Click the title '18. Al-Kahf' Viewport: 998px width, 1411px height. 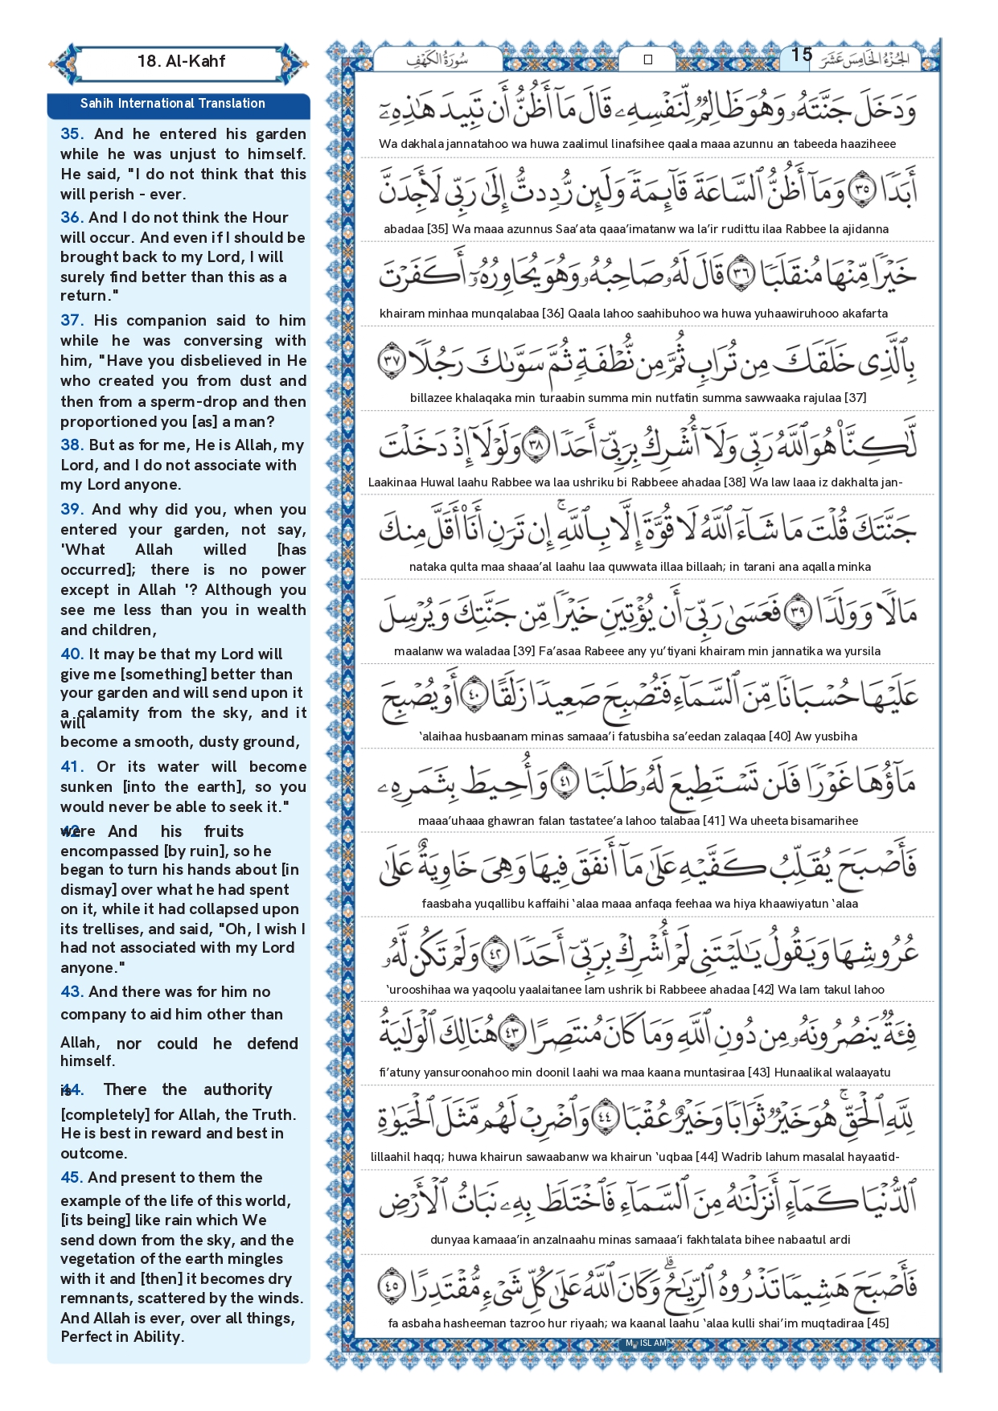tap(181, 61)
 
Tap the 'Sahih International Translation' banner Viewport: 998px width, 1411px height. tap(172, 104)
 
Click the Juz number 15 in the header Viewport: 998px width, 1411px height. tap(801, 55)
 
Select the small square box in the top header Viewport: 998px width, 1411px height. tap(648, 59)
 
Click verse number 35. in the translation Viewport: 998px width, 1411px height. tap(72, 134)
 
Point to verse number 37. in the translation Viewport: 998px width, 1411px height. tap(72, 320)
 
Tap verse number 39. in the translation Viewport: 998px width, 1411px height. tap(72, 509)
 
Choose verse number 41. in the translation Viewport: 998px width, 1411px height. tap(72, 766)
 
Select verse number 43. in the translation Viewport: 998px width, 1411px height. tap(72, 991)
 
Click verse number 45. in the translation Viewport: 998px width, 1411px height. tap(72, 1177)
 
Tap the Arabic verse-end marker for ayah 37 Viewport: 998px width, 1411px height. tap(392, 361)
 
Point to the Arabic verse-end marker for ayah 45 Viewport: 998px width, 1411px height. tap(392, 1285)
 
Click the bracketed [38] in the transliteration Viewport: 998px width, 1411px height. tap(734, 482)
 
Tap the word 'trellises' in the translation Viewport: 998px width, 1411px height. tap(108, 929)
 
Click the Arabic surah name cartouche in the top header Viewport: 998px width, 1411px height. tap(438, 59)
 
